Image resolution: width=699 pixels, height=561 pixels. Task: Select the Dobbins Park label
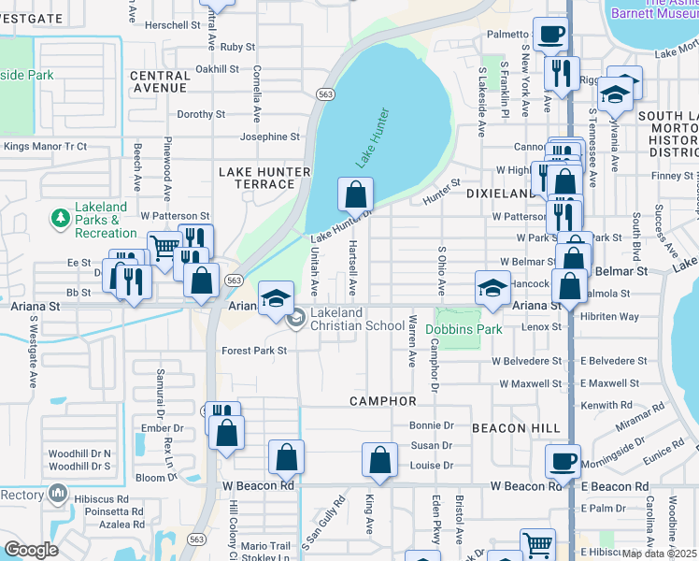[464, 329]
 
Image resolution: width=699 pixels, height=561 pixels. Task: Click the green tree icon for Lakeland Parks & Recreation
[61, 218]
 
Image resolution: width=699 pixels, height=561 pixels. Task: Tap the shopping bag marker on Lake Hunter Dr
[356, 196]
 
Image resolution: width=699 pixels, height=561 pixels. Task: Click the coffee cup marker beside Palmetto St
[550, 36]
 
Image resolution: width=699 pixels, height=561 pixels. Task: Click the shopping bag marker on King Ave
[378, 460]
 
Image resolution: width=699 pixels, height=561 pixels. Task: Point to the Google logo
[31, 550]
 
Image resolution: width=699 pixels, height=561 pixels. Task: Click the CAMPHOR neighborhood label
[382, 401]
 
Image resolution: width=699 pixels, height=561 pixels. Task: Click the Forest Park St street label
[253, 351]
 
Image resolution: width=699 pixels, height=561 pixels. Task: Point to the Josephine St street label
[269, 137]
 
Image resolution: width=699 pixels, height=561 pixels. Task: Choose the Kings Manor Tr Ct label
[45, 147]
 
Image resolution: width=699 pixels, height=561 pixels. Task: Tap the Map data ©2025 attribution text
[659, 554]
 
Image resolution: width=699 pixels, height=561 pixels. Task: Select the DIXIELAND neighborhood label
[500, 191]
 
